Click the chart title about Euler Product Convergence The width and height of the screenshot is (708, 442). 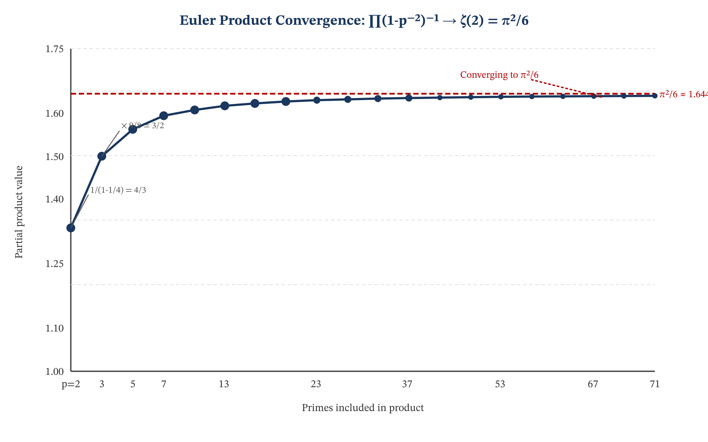tap(354, 21)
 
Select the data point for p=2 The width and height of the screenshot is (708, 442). tap(71, 228)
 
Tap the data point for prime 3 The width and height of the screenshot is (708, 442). tap(102, 156)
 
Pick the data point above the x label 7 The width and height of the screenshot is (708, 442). tap(164, 116)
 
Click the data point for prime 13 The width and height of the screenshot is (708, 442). tap(225, 106)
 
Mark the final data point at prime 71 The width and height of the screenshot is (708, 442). tap(655, 96)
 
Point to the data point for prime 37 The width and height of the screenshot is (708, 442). tap(409, 98)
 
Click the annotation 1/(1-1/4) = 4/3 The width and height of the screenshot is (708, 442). tap(118, 190)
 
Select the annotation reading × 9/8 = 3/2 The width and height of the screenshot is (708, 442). tap(142, 126)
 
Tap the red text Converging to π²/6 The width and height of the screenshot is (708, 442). tap(499, 75)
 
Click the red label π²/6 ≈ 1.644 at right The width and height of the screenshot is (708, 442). tap(683, 95)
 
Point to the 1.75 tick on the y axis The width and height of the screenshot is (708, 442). tap(55, 49)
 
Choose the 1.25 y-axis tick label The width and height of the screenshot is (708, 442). tap(55, 264)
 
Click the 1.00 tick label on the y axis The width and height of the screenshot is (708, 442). tap(55, 372)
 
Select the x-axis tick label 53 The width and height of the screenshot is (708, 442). tap(500, 384)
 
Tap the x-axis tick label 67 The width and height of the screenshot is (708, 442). tap(593, 384)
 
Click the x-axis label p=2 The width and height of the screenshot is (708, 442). tap(71, 384)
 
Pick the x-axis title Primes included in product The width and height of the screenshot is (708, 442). tap(363, 408)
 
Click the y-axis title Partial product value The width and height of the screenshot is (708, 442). tap(19, 212)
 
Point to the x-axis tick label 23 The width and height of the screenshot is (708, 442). tap(316, 384)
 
